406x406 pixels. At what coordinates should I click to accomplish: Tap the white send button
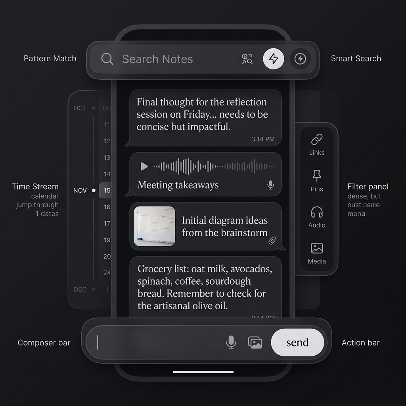(x=297, y=342)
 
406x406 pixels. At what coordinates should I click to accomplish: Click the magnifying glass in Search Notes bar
(x=107, y=59)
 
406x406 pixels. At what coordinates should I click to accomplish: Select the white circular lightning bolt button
(x=274, y=59)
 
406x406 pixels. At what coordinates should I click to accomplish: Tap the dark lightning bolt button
(x=300, y=59)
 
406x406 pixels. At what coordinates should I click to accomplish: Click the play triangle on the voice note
(x=144, y=167)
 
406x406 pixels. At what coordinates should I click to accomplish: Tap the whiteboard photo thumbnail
(x=154, y=226)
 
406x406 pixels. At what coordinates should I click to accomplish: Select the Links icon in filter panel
(x=316, y=140)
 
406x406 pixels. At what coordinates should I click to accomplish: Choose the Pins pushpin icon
(x=316, y=175)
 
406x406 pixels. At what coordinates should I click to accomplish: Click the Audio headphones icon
(x=316, y=212)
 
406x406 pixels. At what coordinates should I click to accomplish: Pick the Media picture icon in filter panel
(x=316, y=248)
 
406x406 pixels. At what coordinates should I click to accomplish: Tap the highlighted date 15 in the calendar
(x=106, y=190)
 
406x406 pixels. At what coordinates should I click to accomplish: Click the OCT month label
(x=80, y=108)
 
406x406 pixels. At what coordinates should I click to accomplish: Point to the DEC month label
(x=80, y=289)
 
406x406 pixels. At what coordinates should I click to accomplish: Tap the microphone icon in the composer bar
(x=231, y=342)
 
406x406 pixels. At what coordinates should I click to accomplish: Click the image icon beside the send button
(x=255, y=342)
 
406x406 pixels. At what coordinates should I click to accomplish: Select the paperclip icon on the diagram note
(x=272, y=240)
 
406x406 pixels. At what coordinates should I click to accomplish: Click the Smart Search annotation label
(x=356, y=59)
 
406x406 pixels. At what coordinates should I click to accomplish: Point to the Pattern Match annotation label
(x=50, y=59)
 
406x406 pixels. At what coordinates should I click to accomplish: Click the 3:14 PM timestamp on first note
(x=262, y=139)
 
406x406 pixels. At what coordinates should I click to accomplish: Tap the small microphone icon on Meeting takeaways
(x=270, y=185)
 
